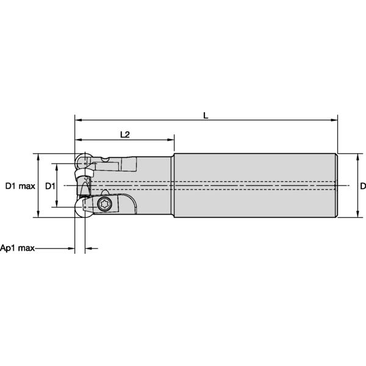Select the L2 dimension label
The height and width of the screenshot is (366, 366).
pyautogui.click(x=124, y=134)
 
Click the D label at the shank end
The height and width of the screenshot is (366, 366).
pyautogui.click(x=362, y=185)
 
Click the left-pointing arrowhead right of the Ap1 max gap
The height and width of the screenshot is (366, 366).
pyautogui.click(x=88, y=248)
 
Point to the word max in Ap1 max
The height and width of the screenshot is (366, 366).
pyautogui.click(x=27, y=248)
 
